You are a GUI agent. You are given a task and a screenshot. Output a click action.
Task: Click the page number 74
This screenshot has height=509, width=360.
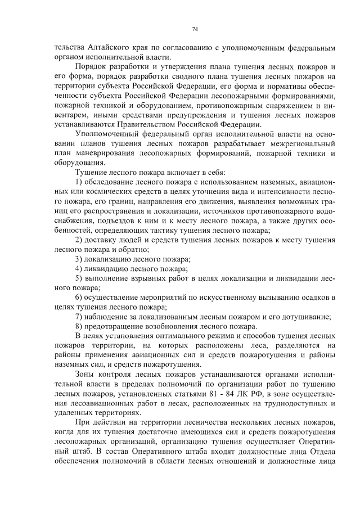coord(195,29)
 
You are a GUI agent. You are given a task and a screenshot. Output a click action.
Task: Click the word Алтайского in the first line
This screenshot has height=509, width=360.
coord(93,46)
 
